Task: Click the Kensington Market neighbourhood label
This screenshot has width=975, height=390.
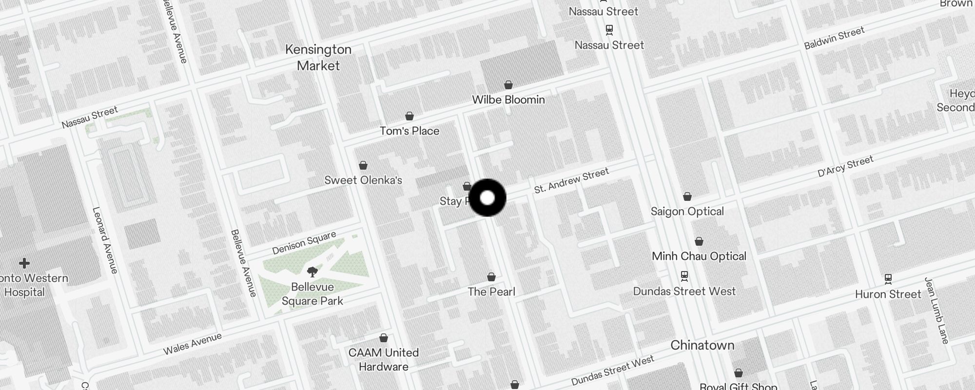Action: (318, 58)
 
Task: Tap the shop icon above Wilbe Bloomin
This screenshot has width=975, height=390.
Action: (508, 85)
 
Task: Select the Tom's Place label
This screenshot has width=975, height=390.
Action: (409, 131)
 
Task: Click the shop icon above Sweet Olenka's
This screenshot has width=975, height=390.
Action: (363, 166)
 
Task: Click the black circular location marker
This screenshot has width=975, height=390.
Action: (487, 198)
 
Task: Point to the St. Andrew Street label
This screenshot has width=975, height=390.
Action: (571, 180)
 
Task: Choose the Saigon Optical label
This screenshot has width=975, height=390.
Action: (687, 211)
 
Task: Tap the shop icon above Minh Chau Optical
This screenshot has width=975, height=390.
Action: (699, 242)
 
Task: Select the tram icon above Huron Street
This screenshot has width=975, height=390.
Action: (888, 279)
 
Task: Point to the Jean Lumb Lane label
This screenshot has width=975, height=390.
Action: (936, 311)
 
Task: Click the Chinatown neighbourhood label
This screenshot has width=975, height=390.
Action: (702, 345)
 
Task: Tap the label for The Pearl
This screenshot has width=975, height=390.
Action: (491, 292)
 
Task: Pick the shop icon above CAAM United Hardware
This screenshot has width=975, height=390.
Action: (384, 338)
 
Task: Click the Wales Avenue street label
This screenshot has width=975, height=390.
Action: (192, 343)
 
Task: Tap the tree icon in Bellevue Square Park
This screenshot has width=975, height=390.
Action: (312, 272)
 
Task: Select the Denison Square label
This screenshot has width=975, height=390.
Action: (304, 243)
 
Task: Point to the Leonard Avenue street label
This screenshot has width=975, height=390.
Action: (105, 240)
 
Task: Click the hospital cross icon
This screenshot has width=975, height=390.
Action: (24, 264)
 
